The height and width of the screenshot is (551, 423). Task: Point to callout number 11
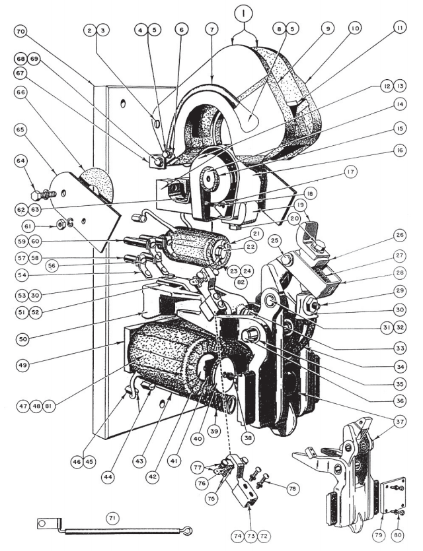(399, 30)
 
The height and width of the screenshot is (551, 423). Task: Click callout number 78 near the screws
(305, 488)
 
